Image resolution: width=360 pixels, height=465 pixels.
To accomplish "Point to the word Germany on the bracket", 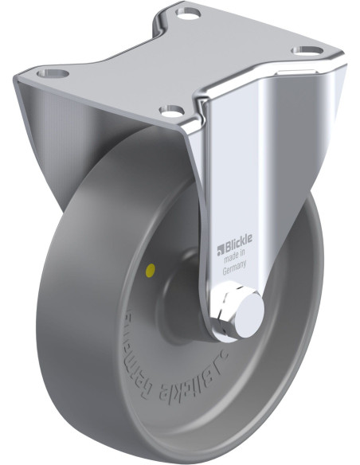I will click(235, 270).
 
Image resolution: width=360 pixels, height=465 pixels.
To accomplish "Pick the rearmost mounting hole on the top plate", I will click(188, 14).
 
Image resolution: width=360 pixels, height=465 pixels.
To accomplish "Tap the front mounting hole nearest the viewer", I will click(170, 111).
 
